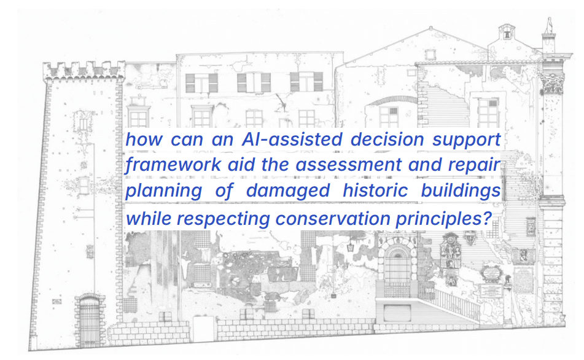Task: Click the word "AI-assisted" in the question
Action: (292, 139)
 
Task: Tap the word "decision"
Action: (387, 139)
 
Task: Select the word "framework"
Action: (173, 165)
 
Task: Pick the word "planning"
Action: (163, 191)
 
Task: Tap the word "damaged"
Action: (288, 191)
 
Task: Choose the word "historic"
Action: (375, 190)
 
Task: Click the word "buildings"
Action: (461, 191)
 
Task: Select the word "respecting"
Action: (223, 219)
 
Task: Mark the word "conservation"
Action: (333, 219)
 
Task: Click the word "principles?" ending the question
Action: (444, 219)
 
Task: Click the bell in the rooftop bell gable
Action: (506, 35)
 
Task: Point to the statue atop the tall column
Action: (548, 25)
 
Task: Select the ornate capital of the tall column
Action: (553, 83)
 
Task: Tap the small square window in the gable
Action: (430, 55)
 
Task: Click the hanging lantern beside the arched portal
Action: (350, 247)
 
